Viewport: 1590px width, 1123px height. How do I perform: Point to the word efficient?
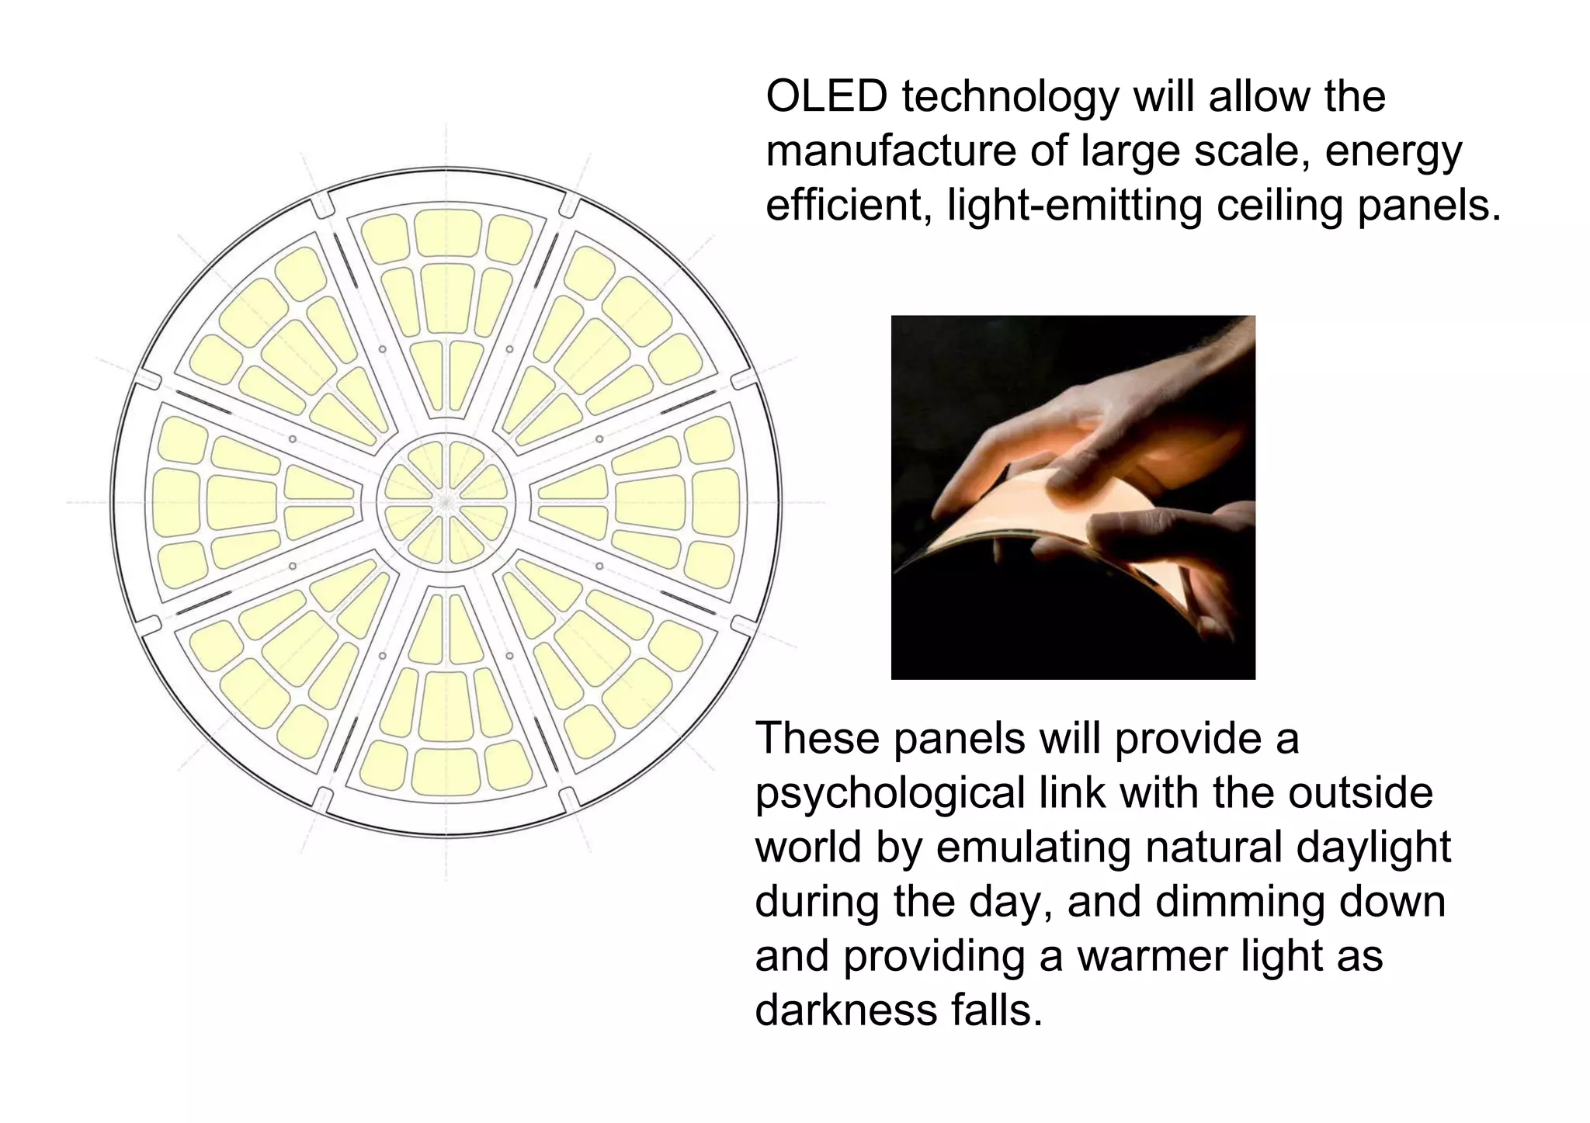(849, 205)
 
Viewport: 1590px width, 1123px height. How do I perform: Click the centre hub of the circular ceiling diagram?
(446, 502)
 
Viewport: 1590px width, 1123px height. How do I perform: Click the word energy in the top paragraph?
(1393, 152)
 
